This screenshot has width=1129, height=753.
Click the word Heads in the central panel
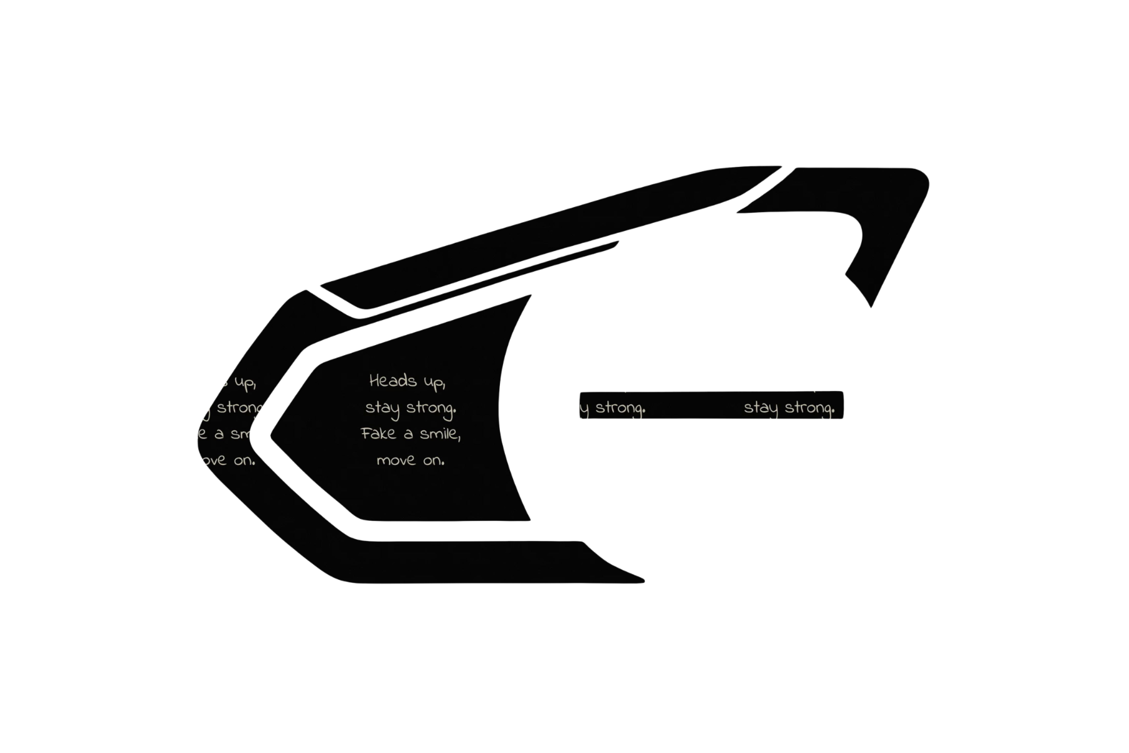coord(393,380)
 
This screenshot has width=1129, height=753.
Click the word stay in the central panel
coord(382,409)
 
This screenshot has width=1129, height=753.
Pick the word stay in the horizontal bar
coord(760,409)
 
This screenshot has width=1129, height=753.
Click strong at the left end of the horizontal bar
coord(620,409)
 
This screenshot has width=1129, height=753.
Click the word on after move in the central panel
coord(433,461)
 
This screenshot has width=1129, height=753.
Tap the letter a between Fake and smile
coord(408,434)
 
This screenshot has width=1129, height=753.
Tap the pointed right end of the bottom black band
coord(640,579)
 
